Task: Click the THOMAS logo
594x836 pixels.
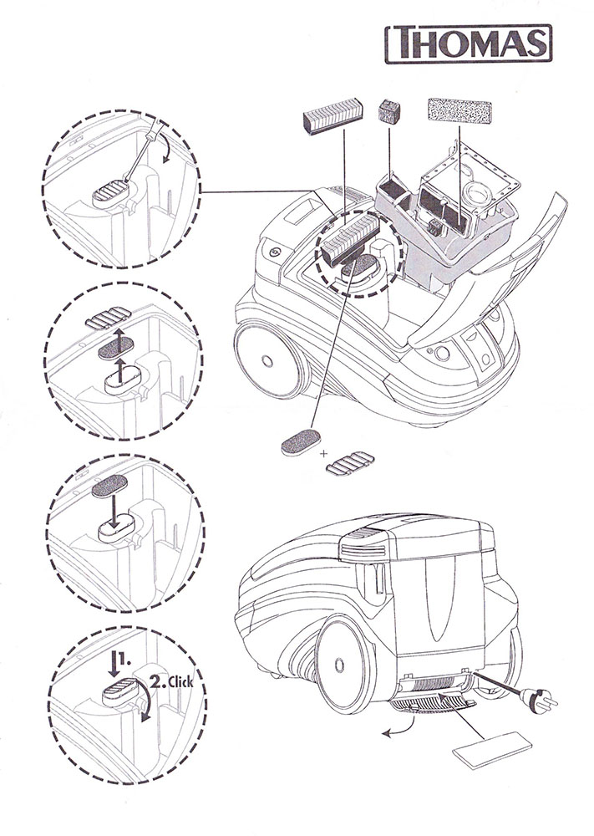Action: click(x=469, y=43)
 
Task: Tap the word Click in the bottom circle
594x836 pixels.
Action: click(x=180, y=682)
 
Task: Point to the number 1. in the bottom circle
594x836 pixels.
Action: click(x=124, y=659)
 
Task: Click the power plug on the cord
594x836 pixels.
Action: click(x=538, y=699)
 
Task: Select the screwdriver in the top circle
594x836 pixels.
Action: click(x=140, y=150)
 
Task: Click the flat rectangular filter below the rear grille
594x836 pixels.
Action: click(x=492, y=750)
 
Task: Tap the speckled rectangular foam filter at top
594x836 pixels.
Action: click(x=459, y=111)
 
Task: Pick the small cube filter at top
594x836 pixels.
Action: click(x=388, y=112)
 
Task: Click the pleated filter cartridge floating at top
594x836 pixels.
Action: click(x=333, y=115)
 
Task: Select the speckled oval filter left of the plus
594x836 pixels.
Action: click(x=301, y=442)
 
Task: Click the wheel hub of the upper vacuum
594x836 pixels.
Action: click(x=268, y=362)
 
